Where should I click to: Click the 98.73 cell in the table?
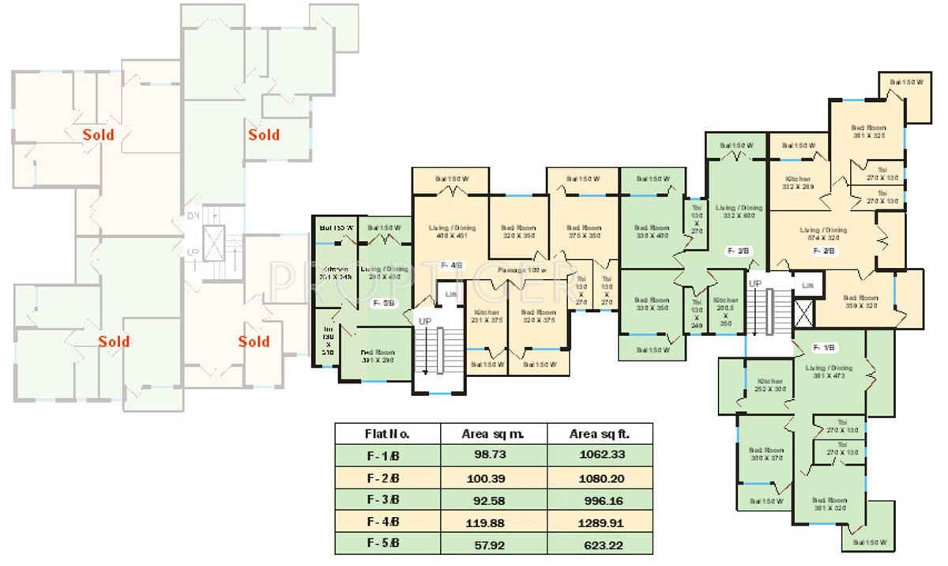[x=493, y=455]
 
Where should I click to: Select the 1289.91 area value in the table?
[x=600, y=522]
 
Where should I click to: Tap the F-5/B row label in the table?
[x=384, y=544]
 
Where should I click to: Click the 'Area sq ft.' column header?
[x=600, y=434]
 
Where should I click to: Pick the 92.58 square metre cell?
[x=493, y=500]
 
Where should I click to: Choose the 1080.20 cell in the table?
[x=600, y=477]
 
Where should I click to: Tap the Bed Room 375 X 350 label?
[x=584, y=232]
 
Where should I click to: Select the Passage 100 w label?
[x=522, y=270]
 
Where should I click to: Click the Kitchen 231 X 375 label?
[x=487, y=315]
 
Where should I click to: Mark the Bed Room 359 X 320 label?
[x=861, y=301]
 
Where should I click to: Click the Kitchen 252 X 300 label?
[x=769, y=385]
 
